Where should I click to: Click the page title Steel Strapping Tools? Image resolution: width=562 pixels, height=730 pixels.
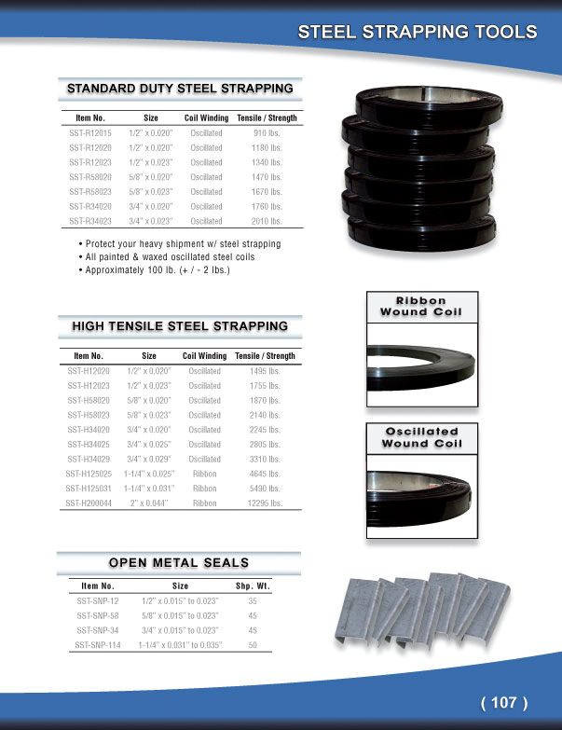pyautogui.click(x=417, y=32)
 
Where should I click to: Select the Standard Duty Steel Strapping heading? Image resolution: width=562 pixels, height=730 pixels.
pyautogui.click(x=180, y=89)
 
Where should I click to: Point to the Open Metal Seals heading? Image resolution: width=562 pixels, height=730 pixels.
pyautogui.click(x=179, y=562)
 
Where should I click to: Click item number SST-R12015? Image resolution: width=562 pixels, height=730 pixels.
pyautogui.click(x=89, y=133)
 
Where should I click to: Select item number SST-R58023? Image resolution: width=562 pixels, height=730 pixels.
pyautogui.click(x=89, y=192)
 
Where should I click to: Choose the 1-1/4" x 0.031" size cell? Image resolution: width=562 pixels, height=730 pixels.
pyautogui.click(x=149, y=489)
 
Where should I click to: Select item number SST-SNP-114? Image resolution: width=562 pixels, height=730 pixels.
pyautogui.click(x=99, y=644)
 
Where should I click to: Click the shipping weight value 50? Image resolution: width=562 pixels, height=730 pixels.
pyautogui.click(x=252, y=644)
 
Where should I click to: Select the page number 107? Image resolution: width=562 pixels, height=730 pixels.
pyautogui.click(x=504, y=702)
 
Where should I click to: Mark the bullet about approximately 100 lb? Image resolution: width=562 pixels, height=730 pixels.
pyautogui.click(x=156, y=270)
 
